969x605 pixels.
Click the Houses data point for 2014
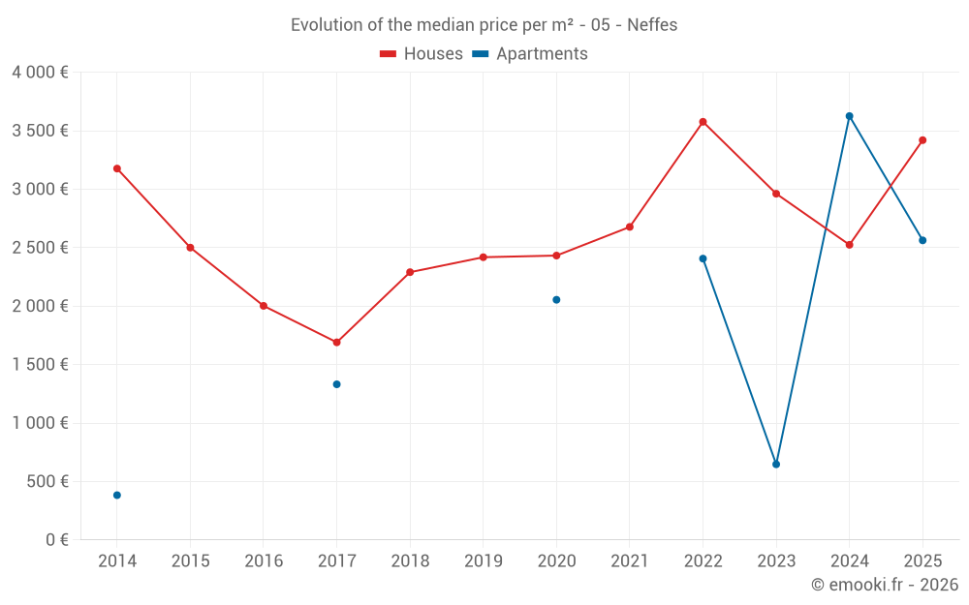117,168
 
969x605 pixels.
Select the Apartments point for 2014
117,495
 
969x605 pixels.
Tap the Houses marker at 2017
336,342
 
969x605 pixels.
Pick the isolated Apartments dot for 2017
336,384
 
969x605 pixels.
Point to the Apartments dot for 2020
556,300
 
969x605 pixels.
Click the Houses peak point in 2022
703,122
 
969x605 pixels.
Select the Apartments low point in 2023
776,465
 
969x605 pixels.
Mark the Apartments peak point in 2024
849,116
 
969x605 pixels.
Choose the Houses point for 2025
922,140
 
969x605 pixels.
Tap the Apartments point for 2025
922,240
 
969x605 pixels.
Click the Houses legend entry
422,54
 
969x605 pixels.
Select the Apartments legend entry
530,54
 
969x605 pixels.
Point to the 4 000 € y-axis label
40,73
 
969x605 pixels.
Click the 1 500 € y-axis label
40,365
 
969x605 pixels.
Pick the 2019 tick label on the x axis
483,561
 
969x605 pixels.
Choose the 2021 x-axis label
629,561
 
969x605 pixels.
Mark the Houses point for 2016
264,306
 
